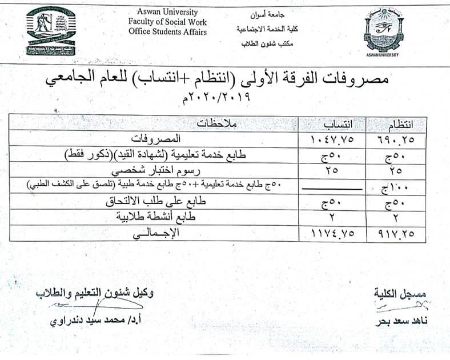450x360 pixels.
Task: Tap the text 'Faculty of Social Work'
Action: [x=167, y=21]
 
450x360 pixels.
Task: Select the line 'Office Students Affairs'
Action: [x=167, y=31]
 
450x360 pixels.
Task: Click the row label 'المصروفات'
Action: [x=160, y=139]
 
